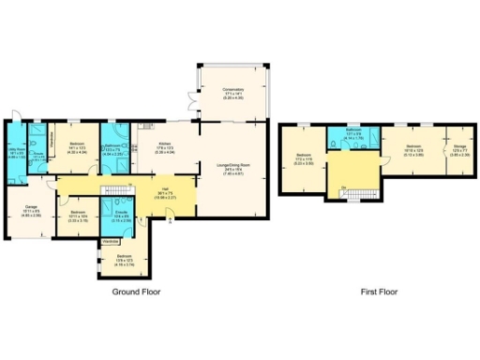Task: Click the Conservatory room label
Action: point(233,95)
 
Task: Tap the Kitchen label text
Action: point(162,146)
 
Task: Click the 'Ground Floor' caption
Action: point(137,292)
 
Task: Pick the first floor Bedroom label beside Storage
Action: point(415,148)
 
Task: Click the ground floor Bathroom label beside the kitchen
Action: point(115,147)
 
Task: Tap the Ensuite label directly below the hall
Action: point(121,215)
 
